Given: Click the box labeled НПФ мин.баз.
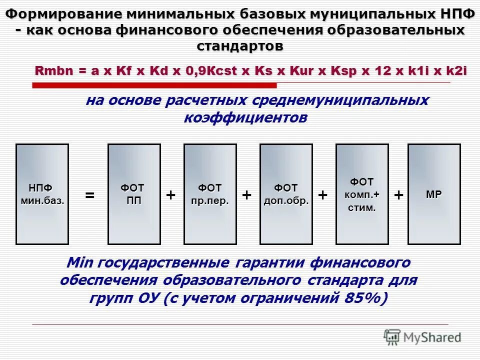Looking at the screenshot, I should [42, 194].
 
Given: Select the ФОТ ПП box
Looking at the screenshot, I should [134, 194].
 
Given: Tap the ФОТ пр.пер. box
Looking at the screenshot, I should [210, 194].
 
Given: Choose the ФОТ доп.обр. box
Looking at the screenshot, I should [286, 194].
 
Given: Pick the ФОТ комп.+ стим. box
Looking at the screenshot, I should [362, 194].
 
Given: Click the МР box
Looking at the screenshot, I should [434, 194].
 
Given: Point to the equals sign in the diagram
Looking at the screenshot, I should [89, 195].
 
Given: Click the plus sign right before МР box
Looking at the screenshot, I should [398, 195].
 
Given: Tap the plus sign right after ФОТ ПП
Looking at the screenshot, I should [171, 195].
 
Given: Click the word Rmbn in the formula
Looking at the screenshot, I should [52, 71].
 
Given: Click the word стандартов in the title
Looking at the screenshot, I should [240, 46].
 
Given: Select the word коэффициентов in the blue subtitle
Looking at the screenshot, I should [245, 118].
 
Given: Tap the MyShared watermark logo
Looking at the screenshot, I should [422, 337].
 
